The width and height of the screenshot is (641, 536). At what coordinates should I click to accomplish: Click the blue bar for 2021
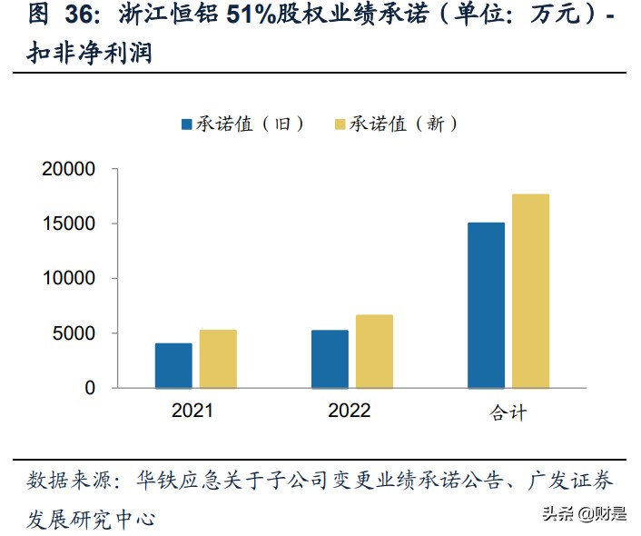173,365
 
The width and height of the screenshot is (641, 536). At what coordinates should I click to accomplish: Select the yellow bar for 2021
218,359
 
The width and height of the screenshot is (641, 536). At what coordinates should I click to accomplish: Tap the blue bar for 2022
330,359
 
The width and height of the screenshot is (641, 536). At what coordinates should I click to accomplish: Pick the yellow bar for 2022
374,352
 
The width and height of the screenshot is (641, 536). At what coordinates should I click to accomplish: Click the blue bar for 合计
486,305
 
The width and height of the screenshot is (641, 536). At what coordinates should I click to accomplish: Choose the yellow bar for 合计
530,291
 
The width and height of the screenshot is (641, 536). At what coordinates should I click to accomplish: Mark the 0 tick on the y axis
89,388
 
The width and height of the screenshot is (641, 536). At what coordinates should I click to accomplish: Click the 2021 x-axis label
192,411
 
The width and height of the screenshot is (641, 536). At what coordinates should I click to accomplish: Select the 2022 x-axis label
349,411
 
